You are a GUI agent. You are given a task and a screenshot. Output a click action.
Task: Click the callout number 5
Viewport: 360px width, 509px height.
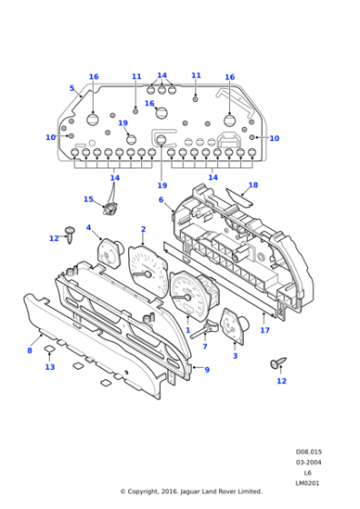[x=72, y=88]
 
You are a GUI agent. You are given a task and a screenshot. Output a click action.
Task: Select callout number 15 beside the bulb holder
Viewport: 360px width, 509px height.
[x=88, y=199]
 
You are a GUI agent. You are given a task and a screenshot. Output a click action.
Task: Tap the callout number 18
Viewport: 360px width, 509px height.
[x=254, y=185]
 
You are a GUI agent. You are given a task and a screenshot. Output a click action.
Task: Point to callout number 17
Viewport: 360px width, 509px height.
[x=265, y=330]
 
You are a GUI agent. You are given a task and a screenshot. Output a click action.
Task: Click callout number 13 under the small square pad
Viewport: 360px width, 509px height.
[x=50, y=367]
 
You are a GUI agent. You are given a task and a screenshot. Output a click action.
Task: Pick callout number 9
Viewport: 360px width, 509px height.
[x=207, y=370]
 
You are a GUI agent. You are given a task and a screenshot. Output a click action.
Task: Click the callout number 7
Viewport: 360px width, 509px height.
[x=205, y=346]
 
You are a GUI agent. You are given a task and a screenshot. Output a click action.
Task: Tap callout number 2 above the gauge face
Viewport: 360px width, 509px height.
[x=144, y=229]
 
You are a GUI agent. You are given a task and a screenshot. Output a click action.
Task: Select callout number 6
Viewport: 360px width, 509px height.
[x=161, y=200]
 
